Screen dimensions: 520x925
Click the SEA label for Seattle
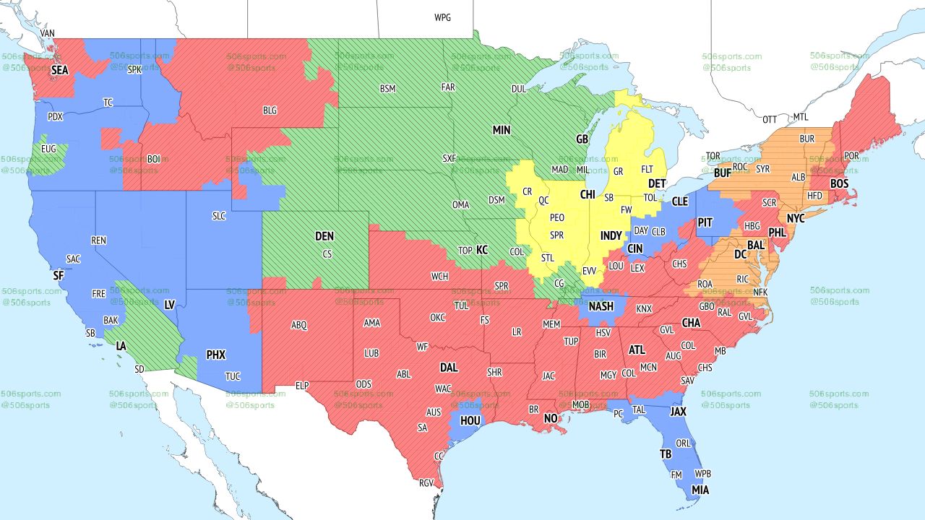click(59, 71)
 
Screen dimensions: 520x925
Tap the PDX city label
click(55, 116)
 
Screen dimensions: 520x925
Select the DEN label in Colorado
click(324, 236)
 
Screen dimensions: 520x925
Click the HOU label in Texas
click(470, 420)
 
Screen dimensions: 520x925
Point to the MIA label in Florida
click(700, 490)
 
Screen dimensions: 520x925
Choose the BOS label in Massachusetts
click(839, 184)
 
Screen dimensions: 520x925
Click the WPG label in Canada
click(442, 17)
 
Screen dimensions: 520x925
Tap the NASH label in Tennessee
click(601, 306)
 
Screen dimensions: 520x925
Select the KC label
click(482, 250)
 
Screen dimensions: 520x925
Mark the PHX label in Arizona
click(216, 355)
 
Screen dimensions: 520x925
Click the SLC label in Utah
click(219, 215)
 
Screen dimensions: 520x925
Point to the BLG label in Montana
click(270, 110)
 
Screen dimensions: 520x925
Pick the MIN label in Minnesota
click(502, 130)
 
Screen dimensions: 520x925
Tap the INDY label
click(611, 236)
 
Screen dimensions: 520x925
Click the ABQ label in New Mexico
click(299, 325)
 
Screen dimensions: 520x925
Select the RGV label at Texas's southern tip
click(426, 483)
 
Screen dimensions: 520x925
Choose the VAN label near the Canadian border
click(48, 33)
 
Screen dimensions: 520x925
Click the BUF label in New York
click(722, 173)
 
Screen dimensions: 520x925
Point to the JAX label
click(678, 412)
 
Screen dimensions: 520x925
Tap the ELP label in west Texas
click(302, 386)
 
